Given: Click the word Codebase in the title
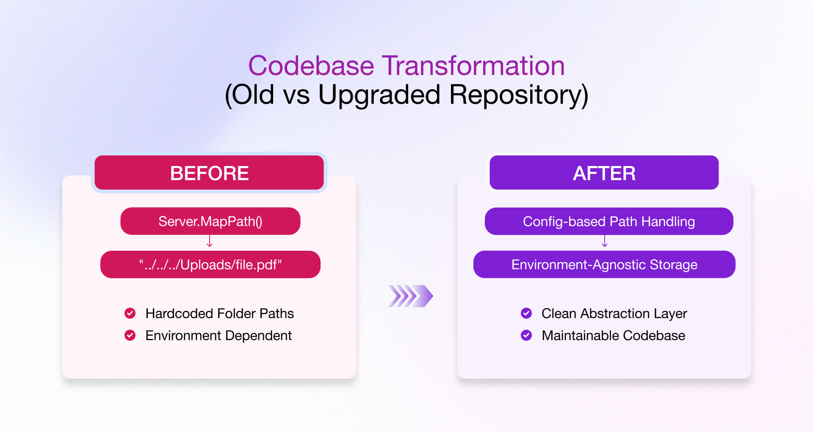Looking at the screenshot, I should pyautogui.click(x=311, y=66).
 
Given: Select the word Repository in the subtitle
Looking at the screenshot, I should pyautogui.click(x=518, y=94).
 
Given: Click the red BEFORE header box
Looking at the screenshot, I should pyautogui.click(x=209, y=173).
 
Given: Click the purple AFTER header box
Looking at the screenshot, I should pyautogui.click(x=604, y=173).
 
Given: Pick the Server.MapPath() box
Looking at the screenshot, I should pyautogui.click(x=210, y=221).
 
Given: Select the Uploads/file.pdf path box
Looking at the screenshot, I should pyautogui.click(x=210, y=265).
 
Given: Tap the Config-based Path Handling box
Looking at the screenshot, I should pyautogui.click(x=608, y=221).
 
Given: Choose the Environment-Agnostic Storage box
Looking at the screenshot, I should pyautogui.click(x=604, y=265).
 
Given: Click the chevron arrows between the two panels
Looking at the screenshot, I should pyautogui.click(x=410, y=296).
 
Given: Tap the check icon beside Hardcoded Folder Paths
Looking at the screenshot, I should pyautogui.click(x=130, y=313).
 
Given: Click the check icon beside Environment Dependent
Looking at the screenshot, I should pyautogui.click(x=130, y=335).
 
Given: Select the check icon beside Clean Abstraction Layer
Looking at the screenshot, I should pyautogui.click(x=526, y=313).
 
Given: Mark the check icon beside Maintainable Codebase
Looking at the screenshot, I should pyautogui.click(x=526, y=335).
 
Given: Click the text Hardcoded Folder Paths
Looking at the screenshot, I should pyautogui.click(x=219, y=313).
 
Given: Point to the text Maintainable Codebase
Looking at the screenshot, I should pyautogui.click(x=613, y=335).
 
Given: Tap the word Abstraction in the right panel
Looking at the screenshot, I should pyautogui.click(x=615, y=313).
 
